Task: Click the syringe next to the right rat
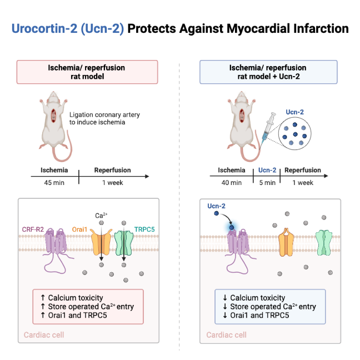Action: [266, 127]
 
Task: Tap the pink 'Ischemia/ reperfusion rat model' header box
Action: [87, 72]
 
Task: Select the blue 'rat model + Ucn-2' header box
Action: [268, 72]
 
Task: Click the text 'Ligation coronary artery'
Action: [105, 114]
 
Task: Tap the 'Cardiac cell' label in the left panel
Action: [44, 335]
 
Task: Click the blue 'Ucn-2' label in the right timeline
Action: [268, 171]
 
